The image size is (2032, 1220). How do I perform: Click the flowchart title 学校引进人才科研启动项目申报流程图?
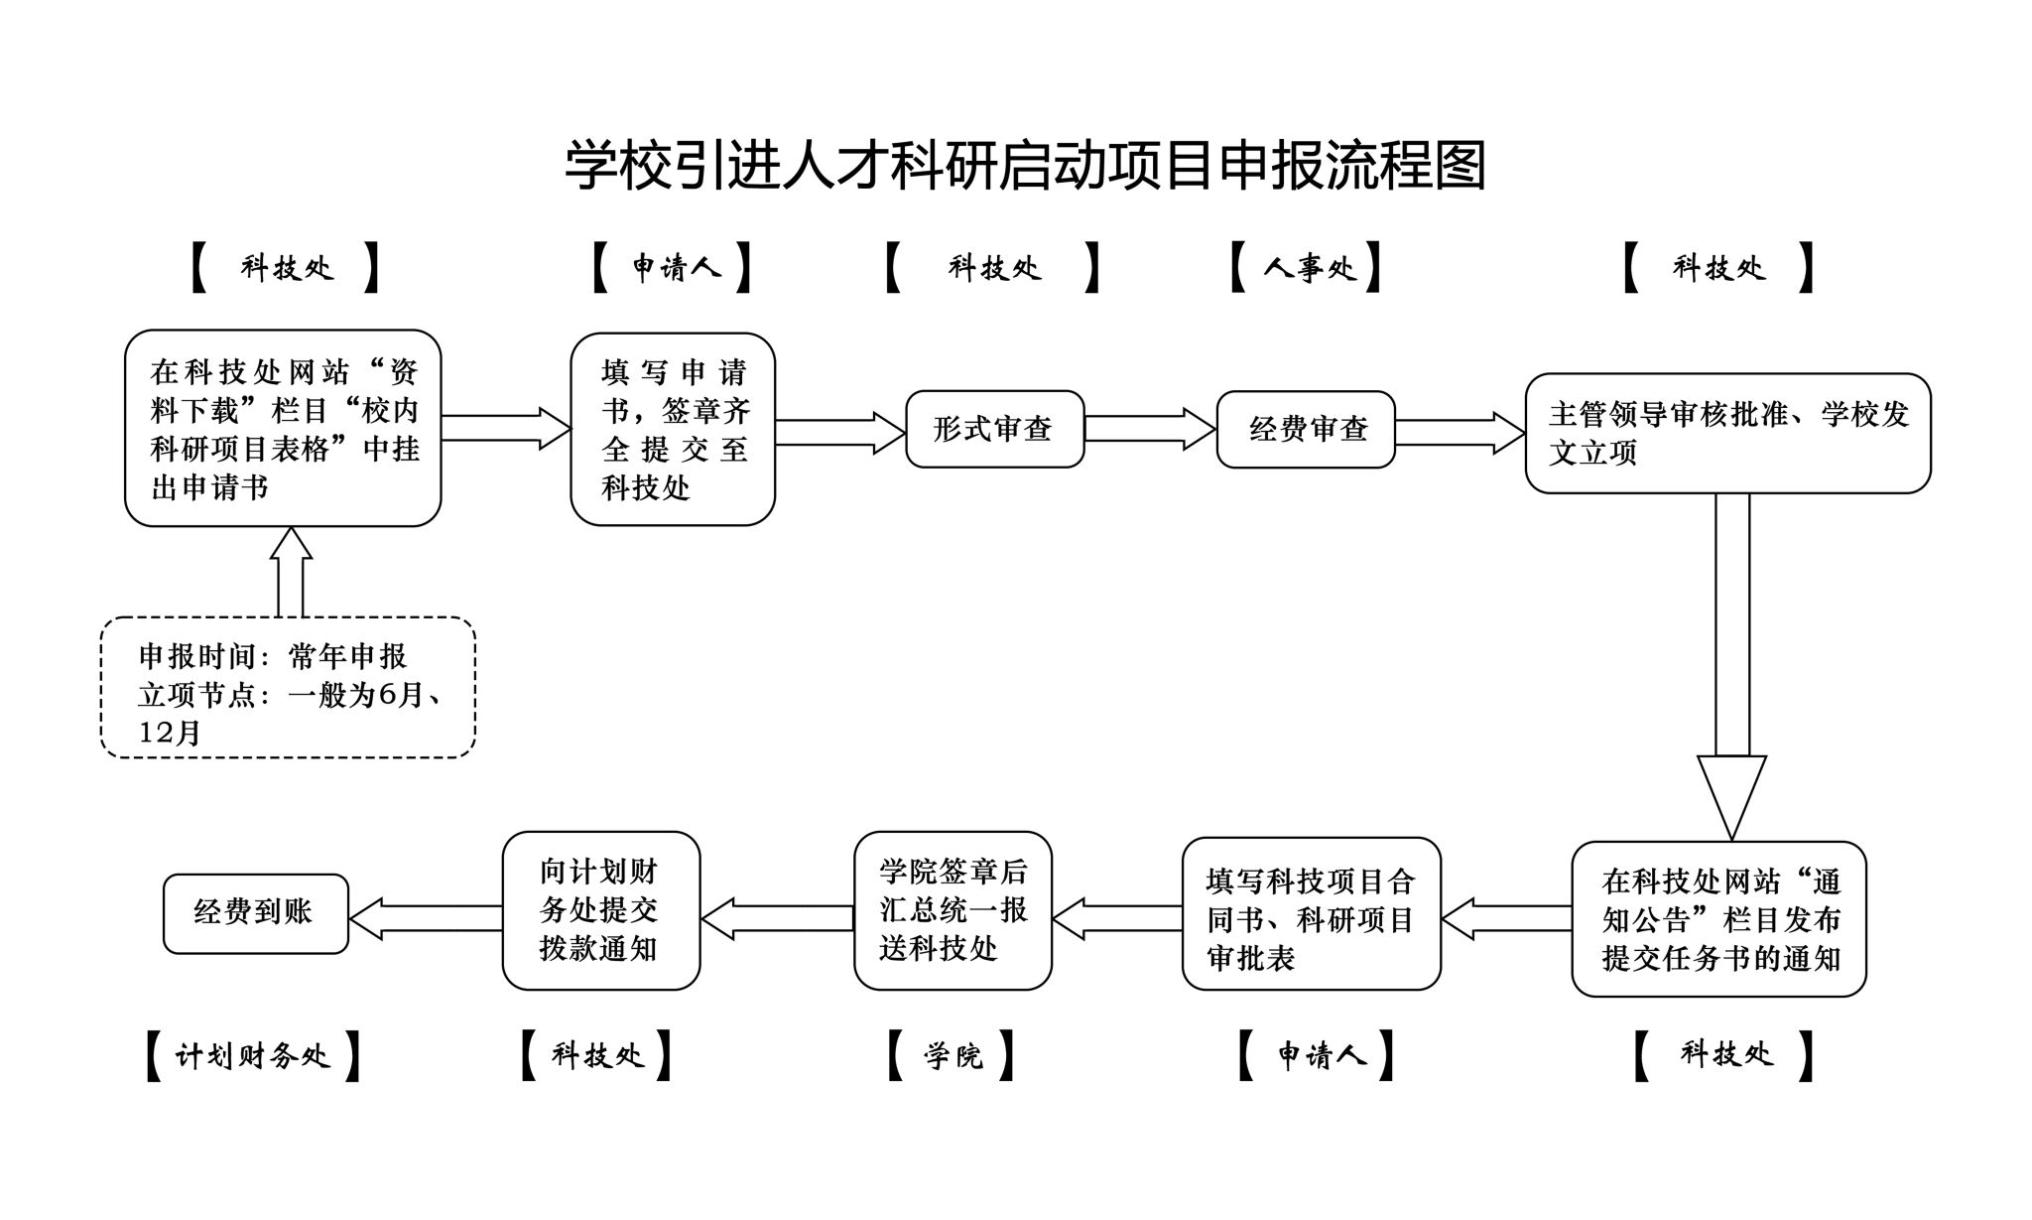point(1025,165)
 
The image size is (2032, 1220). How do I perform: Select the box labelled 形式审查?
point(994,429)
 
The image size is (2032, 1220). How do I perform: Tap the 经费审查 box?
point(1306,429)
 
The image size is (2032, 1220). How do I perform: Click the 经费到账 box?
point(255,913)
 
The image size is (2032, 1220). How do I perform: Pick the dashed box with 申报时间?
point(288,688)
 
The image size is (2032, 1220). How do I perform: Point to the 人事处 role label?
point(1306,267)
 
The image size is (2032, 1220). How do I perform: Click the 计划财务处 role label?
point(253,1055)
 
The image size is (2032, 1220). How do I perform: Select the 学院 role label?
point(952,1055)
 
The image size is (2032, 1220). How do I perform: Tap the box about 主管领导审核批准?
point(1727,433)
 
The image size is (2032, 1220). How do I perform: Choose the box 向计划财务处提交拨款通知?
point(600,910)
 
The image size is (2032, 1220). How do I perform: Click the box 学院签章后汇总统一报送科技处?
point(952,910)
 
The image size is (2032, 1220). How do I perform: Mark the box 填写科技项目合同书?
point(1311,914)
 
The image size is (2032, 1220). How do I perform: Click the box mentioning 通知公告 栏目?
point(1718,919)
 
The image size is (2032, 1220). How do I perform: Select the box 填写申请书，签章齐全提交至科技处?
point(673,429)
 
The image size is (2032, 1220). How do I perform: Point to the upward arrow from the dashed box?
point(290,572)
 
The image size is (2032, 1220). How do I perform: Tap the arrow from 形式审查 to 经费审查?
point(1149,429)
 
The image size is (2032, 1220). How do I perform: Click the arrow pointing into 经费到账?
point(426,918)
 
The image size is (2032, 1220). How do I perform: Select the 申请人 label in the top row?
point(673,267)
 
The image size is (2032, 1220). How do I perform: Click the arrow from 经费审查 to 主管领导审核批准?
point(1459,433)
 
